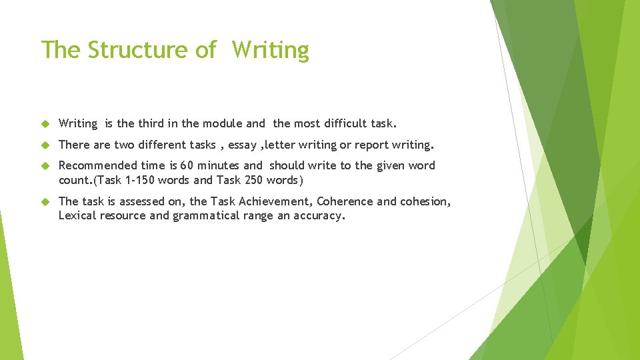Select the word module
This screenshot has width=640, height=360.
[223, 123]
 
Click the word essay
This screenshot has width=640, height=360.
[243, 145]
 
